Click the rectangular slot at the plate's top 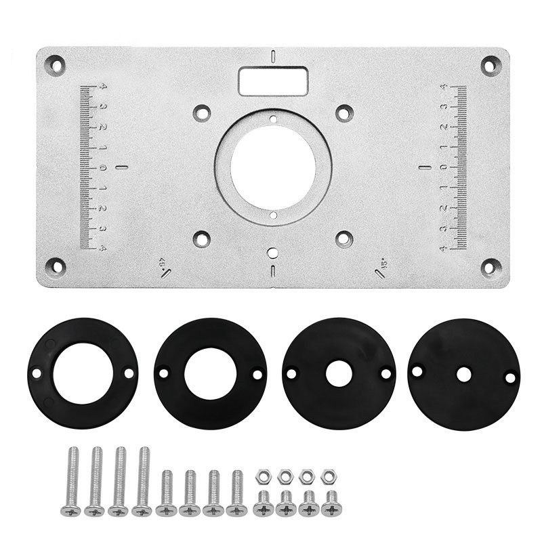click(x=272, y=82)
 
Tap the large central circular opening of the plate click(x=272, y=167)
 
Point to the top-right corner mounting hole click(x=490, y=66)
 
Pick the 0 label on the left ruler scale click(x=102, y=167)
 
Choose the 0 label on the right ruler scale click(x=443, y=167)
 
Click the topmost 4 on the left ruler click(x=102, y=86)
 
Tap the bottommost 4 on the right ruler click(x=443, y=249)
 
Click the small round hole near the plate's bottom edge click(x=272, y=253)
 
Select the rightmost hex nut click(x=329, y=476)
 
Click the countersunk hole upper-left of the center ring click(x=201, y=112)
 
